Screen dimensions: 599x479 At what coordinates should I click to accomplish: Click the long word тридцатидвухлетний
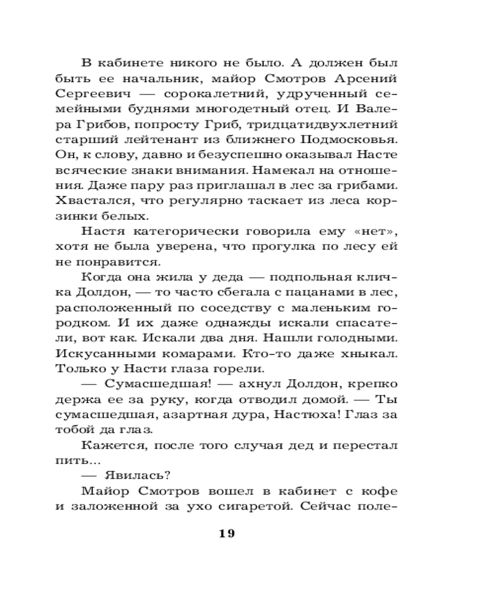[x=336, y=125]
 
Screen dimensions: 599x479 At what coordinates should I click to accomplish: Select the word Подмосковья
[x=353, y=140]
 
